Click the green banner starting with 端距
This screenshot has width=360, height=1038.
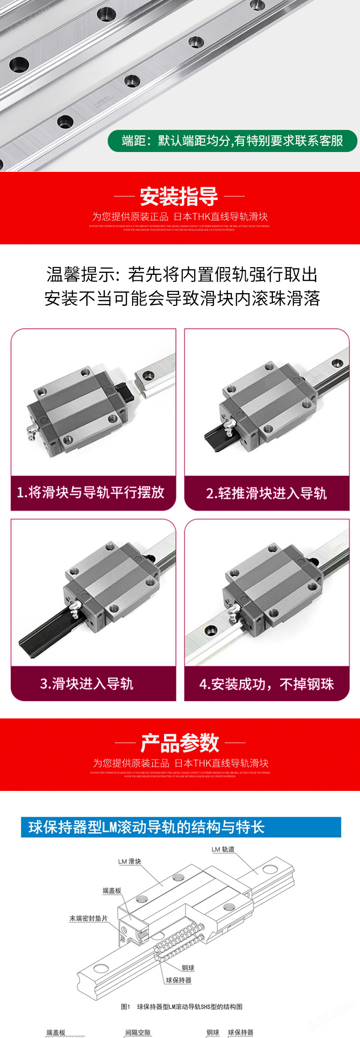[x=232, y=141]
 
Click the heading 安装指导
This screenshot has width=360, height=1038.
[x=179, y=196]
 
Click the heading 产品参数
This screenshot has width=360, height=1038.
[x=180, y=743]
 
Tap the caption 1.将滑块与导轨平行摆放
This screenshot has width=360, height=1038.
[x=91, y=492]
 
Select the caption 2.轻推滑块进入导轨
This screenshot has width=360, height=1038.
[x=267, y=493]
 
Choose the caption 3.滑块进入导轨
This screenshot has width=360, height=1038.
[x=87, y=683]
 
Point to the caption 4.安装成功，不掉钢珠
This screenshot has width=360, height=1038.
[x=267, y=684]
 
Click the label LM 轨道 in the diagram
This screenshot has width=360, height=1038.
[x=223, y=849]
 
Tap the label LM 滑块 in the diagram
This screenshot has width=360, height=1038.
[x=129, y=862]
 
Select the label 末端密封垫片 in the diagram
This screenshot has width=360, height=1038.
[x=88, y=919]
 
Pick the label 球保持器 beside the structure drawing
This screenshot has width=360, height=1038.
[x=179, y=980]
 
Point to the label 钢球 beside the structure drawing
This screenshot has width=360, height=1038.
[x=188, y=968]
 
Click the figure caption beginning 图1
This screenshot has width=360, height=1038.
[x=181, y=1007]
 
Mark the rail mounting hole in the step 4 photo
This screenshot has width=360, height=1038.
[x=210, y=631]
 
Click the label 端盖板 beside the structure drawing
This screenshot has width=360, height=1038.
[x=112, y=890]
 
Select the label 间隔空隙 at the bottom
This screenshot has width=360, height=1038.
[x=138, y=1033]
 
